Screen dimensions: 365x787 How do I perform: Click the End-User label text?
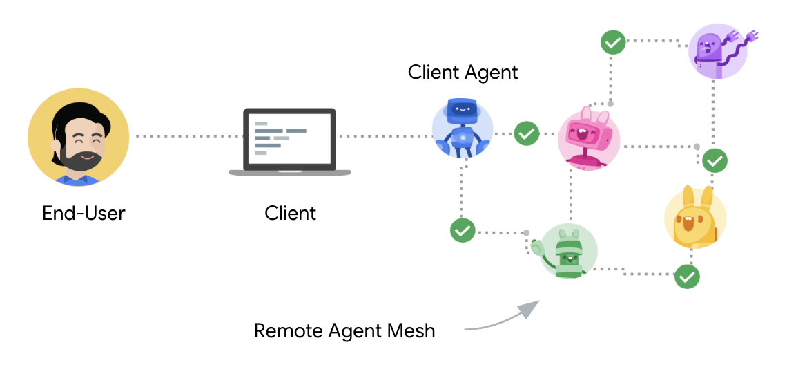(84, 213)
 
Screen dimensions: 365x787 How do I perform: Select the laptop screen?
(289, 138)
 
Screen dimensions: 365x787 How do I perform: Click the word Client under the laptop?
(290, 213)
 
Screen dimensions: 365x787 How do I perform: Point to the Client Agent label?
(463, 72)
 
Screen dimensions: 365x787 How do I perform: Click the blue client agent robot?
(462, 128)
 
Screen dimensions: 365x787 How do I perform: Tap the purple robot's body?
(711, 54)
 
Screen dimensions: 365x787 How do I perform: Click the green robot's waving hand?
(538, 245)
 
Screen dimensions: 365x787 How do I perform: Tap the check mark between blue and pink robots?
(527, 133)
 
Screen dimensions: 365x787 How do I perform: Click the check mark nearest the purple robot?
(612, 42)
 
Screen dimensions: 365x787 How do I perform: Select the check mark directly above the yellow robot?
(715, 160)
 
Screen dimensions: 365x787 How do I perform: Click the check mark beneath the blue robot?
(462, 230)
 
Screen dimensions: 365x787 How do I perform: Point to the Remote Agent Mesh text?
(344, 330)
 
